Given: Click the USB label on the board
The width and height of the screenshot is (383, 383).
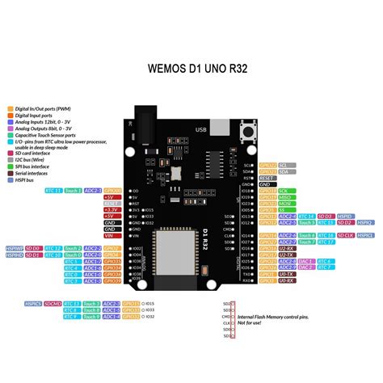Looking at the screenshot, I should [200, 128].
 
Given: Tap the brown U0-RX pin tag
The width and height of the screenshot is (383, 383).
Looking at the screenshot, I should [285, 281].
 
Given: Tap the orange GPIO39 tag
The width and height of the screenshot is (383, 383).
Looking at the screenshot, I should [112, 281].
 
